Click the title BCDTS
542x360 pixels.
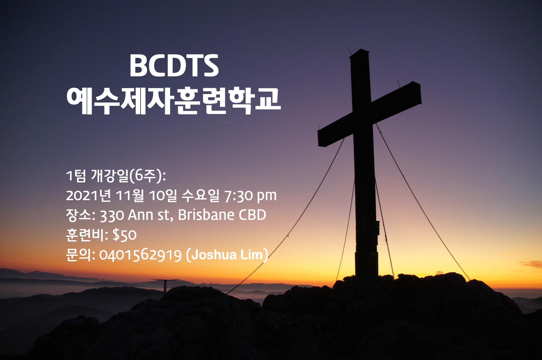(x=174, y=66)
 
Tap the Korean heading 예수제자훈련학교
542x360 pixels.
(x=173, y=101)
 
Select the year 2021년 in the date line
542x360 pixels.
(x=88, y=195)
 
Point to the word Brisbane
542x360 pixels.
(x=206, y=215)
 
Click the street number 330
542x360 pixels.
(x=112, y=215)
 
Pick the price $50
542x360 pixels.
(x=124, y=235)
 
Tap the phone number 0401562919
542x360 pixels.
(x=140, y=255)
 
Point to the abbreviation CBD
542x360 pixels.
(x=252, y=215)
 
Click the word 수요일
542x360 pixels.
(x=200, y=195)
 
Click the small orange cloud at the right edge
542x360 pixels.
(x=532, y=264)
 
